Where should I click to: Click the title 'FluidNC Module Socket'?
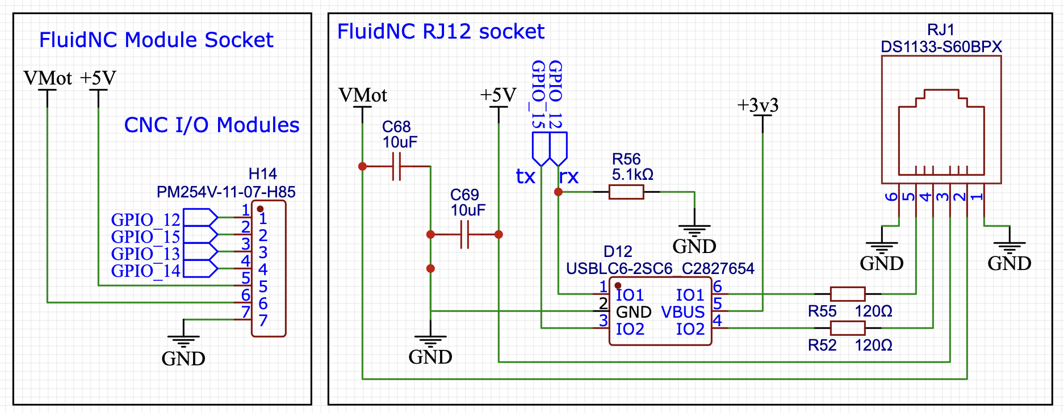156,40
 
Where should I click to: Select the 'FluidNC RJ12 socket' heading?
441,32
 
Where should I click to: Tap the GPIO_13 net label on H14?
145,254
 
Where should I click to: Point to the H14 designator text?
262,174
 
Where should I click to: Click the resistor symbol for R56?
626,192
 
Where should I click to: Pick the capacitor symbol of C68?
396,167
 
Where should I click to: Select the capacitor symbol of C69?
464,234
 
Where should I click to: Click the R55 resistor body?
847,294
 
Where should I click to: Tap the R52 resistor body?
847,328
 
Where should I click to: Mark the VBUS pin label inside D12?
682,312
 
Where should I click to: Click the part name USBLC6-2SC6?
619,268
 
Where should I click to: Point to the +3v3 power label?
757,106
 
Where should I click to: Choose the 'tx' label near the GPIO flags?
525,177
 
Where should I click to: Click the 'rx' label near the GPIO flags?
569,177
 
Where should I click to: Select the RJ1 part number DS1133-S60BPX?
941,47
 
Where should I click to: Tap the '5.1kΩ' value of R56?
632,175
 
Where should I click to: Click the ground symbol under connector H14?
183,342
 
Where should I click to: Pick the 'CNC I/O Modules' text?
211,125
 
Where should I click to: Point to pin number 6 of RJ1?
891,197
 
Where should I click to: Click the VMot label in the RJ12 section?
362,95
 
